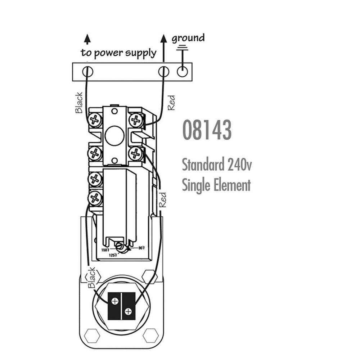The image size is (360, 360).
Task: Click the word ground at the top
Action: point(188,39)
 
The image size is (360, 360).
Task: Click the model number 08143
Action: point(207,130)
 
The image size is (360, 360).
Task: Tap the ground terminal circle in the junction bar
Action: point(182,72)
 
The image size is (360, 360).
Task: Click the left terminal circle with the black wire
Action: point(87,72)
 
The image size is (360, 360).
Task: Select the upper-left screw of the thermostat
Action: point(95,120)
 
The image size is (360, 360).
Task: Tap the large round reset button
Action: point(114,136)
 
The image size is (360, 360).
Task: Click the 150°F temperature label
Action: point(105,250)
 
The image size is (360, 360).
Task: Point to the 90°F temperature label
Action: point(142,248)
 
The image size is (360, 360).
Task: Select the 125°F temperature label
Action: point(113,255)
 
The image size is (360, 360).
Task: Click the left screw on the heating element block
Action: point(115,301)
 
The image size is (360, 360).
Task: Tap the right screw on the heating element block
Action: point(128,311)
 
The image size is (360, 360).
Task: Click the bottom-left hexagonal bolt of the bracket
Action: point(92,336)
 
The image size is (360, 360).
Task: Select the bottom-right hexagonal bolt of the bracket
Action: point(150,336)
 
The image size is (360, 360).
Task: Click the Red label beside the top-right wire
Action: point(171,103)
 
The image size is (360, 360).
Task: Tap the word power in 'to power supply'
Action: point(108,53)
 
